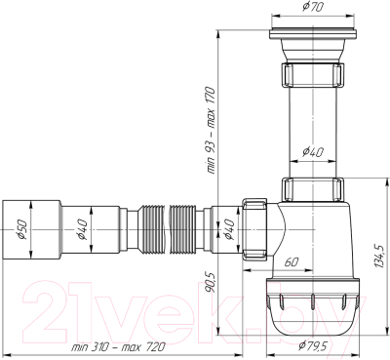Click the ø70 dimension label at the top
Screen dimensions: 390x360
point(313,7)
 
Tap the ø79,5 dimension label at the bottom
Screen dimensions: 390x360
point(313,345)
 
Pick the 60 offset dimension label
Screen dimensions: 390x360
point(291,262)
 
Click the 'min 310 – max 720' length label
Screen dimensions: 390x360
point(119,347)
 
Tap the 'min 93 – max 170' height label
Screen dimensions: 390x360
point(211,130)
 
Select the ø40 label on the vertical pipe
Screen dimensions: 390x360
point(313,152)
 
